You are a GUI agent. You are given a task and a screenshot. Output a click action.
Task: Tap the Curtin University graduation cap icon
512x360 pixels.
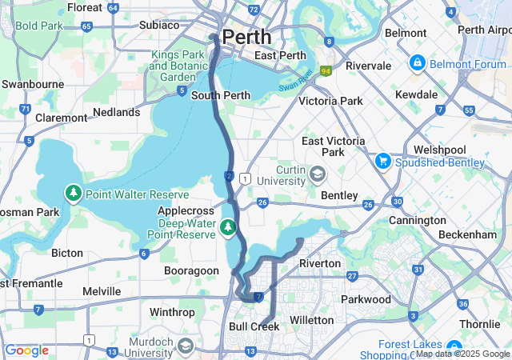pos(318,174)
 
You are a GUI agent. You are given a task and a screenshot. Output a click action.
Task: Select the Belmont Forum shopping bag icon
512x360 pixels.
pos(417,62)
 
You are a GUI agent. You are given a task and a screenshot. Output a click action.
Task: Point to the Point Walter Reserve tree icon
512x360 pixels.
pos(73,194)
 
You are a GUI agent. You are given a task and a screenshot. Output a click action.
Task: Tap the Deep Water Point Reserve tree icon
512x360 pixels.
pos(229,229)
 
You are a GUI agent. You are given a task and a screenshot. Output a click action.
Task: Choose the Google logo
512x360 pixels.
pos(26,350)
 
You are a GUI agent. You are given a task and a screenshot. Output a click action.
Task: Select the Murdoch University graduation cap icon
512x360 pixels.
pos(186,346)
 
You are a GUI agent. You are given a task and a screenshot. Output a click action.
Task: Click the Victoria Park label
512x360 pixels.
pos(330,101)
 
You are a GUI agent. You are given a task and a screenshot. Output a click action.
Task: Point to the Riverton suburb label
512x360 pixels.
pos(320,263)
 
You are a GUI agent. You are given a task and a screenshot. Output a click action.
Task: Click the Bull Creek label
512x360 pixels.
pos(254,326)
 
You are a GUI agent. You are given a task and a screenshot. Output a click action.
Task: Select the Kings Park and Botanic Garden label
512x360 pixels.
pos(178,66)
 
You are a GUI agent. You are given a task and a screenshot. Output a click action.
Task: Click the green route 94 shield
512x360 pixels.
pos(326,71)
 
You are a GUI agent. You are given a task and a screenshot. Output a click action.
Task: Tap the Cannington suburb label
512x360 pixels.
pos(417,220)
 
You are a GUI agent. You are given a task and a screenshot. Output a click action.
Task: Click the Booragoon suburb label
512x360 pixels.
pos(191,270)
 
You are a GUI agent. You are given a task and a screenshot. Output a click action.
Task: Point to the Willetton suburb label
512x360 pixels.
pos(311,319)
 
